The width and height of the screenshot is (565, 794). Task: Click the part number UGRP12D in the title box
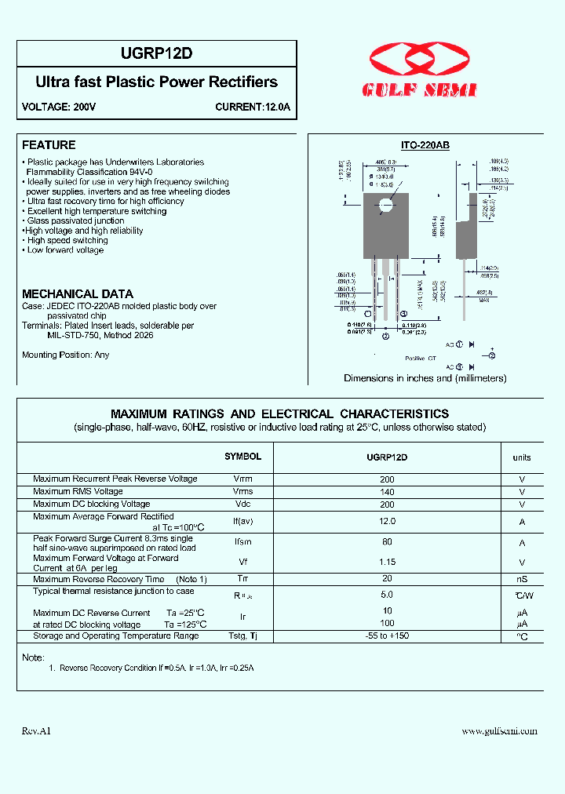point(157,53)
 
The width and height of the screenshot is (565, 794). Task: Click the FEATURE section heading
point(49,145)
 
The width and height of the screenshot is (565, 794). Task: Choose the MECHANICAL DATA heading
point(77,293)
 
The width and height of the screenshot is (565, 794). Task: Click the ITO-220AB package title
point(425,146)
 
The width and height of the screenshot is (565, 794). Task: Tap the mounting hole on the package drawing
point(385,206)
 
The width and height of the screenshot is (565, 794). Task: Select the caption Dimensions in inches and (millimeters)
point(425,378)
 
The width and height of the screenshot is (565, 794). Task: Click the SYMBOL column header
point(242,457)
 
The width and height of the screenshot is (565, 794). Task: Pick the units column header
point(522,457)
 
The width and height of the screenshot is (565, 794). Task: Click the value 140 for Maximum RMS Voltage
point(387,492)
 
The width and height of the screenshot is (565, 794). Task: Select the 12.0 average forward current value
point(387,521)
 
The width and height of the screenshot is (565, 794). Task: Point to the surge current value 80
point(387,542)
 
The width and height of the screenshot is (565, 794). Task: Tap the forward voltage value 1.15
point(387,562)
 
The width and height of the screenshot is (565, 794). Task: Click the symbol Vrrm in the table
point(242,479)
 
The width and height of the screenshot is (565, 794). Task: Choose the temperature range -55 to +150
point(387,636)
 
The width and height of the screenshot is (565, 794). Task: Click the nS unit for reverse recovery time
point(522,579)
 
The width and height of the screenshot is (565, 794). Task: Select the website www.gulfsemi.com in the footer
point(499,731)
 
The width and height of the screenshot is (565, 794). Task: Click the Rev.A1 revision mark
point(36,731)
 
